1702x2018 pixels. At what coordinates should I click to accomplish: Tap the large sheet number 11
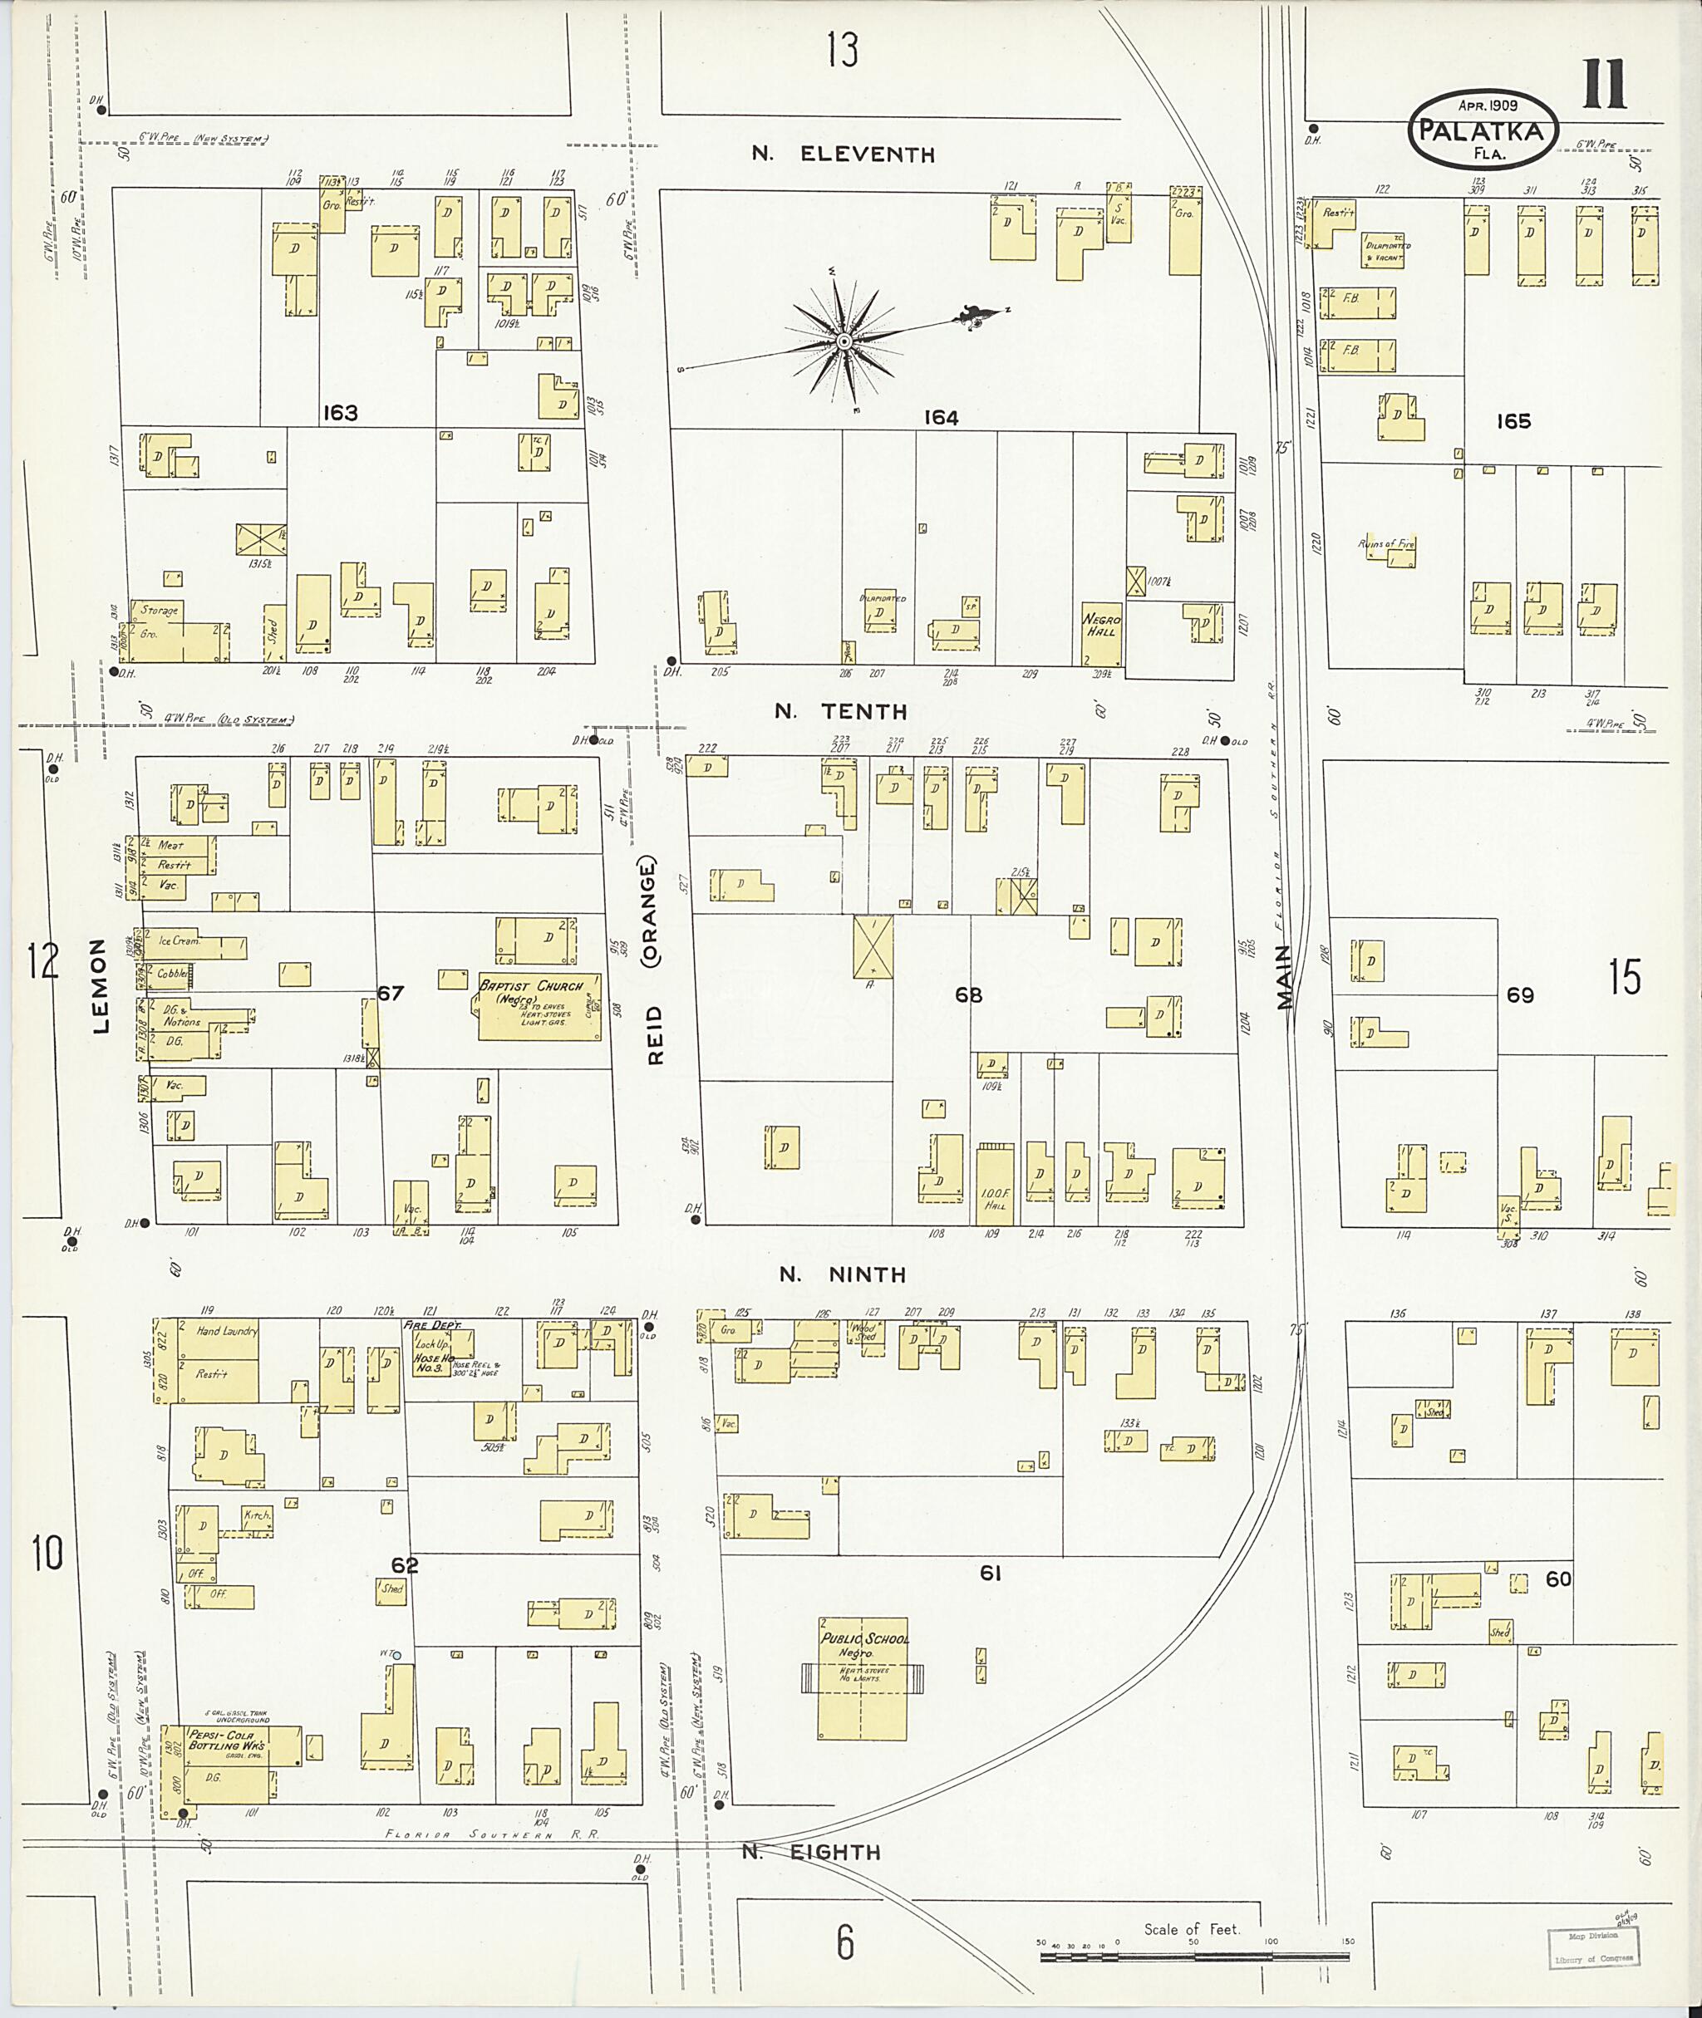(x=1604, y=84)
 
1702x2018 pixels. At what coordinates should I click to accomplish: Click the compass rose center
(x=844, y=341)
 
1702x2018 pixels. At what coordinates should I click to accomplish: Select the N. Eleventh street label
(x=844, y=155)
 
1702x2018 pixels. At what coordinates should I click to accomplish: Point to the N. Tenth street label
(x=841, y=712)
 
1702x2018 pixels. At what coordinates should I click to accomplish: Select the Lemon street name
(x=100, y=986)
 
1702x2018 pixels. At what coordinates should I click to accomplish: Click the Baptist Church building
(x=540, y=1007)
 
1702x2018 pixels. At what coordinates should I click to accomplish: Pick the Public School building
(x=863, y=1678)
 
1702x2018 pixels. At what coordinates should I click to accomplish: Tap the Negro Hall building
(x=1101, y=634)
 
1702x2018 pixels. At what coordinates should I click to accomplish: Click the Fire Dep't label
(x=431, y=1326)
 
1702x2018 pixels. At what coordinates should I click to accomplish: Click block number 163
(x=340, y=414)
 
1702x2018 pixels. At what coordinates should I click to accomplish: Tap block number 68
(x=967, y=995)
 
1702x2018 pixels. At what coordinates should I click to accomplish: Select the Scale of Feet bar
(x=1194, y=1958)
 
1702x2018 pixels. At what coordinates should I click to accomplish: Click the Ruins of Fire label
(x=1385, y=545)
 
